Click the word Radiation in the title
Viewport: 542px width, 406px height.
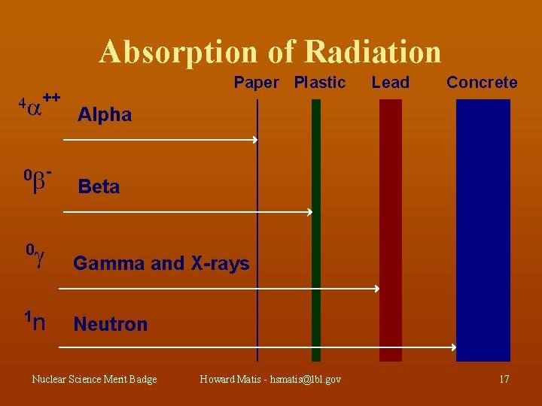coord(373,51)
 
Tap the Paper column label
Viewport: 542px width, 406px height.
coord(256,83)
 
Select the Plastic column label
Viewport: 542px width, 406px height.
coord(320,83)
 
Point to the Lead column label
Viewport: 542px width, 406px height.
coord(391,83)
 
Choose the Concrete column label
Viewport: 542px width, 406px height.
coord(482,83)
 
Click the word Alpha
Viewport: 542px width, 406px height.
coord(105,115)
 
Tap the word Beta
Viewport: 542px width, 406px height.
coord(99,186)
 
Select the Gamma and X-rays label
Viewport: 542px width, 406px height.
coord(161,263)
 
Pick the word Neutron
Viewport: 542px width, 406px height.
coord(110,325)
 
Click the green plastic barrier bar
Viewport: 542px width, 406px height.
coord(316,229)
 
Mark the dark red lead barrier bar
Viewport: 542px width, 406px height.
coord(391,229)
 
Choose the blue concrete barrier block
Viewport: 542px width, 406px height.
coord(483,229)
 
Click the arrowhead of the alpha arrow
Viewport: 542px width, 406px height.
coord(255,140)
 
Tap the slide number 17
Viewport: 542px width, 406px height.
coord(504,379)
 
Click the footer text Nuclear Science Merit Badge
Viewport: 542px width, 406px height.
coord(94,379)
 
